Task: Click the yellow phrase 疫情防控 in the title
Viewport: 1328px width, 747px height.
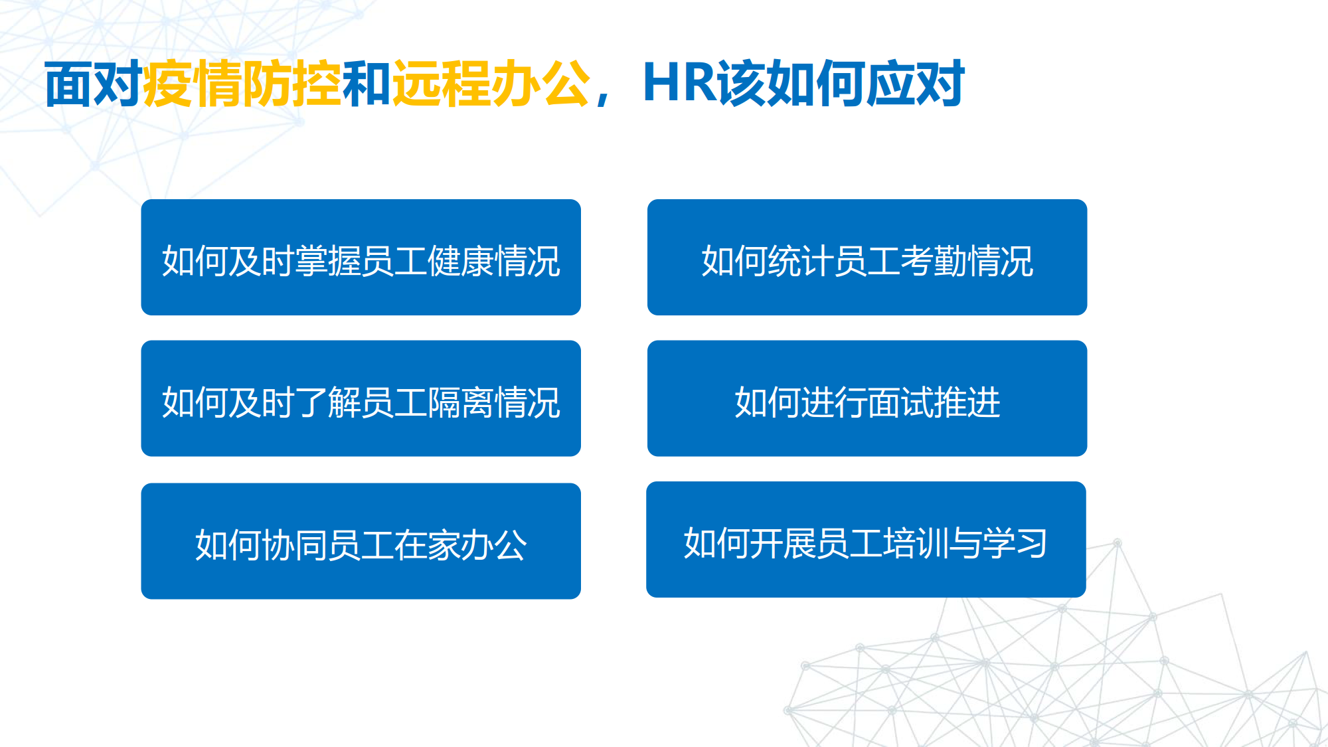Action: [242, 84]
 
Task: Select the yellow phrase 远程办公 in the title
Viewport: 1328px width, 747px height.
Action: [491, 84]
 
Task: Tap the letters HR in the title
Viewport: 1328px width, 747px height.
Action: [680, 84]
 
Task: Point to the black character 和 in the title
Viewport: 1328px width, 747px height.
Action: [367, 84]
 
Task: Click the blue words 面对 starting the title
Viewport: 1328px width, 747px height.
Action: [94, 84]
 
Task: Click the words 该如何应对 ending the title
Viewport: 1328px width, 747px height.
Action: [841, 84]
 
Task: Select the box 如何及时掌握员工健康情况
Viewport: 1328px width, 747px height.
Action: [361, 257]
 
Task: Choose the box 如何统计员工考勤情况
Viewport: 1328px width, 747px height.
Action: [867, 257]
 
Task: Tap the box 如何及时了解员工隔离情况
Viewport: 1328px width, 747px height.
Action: [361, 398]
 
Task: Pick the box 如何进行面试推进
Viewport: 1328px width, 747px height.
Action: [867, 398]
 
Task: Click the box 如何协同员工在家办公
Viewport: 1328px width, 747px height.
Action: [361, 541]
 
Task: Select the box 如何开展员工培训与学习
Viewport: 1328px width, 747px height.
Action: [866, 539]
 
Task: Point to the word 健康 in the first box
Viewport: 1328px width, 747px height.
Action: [461, 261]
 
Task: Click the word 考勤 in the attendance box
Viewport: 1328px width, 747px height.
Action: [934, 261]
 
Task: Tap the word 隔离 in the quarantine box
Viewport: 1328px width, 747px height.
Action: [461, 402]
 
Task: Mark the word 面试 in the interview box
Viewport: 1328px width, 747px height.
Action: [900, 402]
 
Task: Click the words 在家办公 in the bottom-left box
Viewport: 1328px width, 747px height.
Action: [461, 545]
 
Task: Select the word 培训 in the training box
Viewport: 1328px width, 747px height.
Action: [916, 543]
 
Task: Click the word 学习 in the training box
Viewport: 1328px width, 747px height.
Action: [1015, 543]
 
